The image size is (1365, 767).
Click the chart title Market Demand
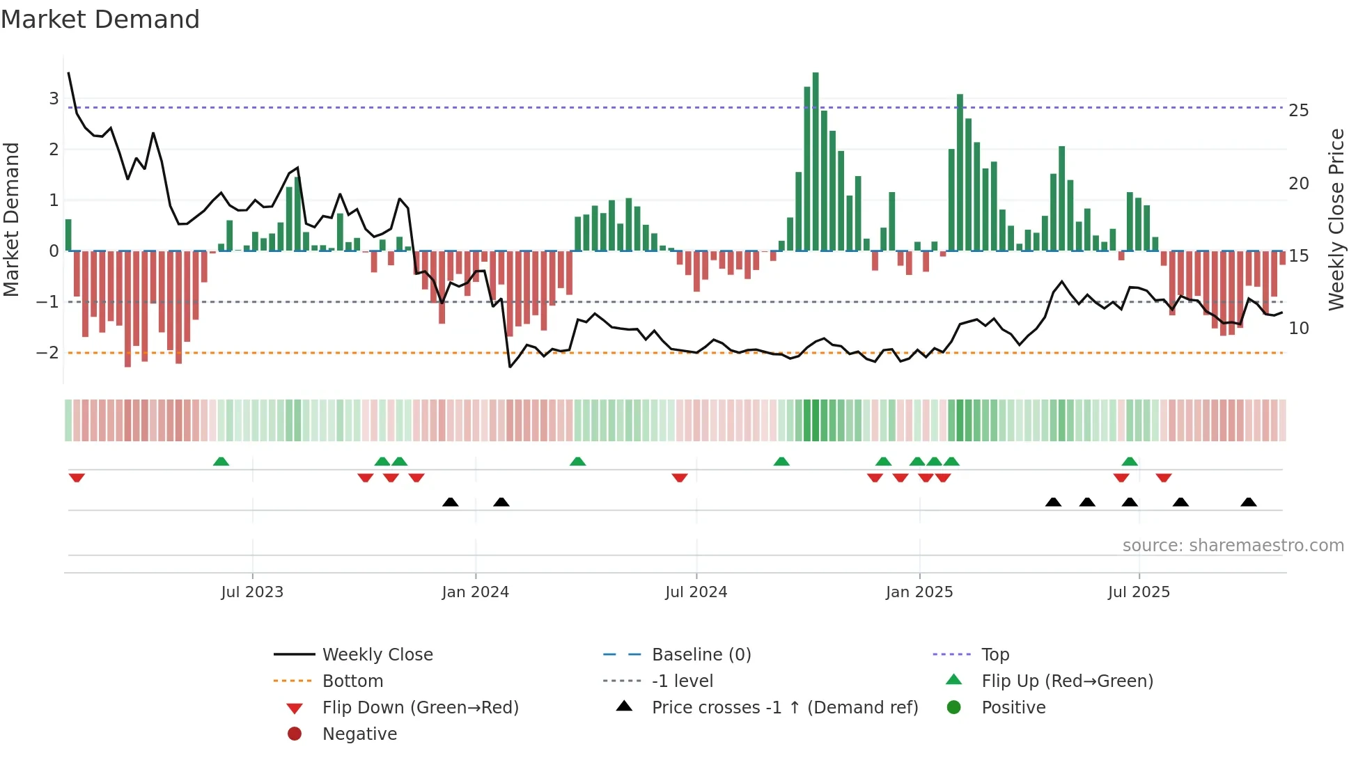(100, 19)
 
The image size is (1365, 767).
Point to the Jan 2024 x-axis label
(475, 592)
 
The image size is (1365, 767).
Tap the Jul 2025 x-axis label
(1139, 592)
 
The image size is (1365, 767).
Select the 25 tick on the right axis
(1298, 111)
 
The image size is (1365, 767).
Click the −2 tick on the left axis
(48, 353)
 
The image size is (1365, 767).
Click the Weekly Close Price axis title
(1336, 219)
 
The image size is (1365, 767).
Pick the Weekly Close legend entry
(377, 655)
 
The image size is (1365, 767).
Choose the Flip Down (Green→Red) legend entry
(420, 708)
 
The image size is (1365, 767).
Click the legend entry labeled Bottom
(352, 681)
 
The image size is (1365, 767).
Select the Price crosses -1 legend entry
(784, 708)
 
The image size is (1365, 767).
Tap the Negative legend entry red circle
(295, 734)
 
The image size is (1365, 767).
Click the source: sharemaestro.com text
(1233, 546)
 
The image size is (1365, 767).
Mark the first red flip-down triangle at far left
(77, 477)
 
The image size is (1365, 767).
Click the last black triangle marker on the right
(1249, 502)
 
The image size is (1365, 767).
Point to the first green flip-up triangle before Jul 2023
(221, 461)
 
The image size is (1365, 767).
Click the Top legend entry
(994, 655)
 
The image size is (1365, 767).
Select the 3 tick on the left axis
(54, 99)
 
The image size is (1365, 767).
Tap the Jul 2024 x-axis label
(696, 592)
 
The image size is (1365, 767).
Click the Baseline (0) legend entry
(701, 655)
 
